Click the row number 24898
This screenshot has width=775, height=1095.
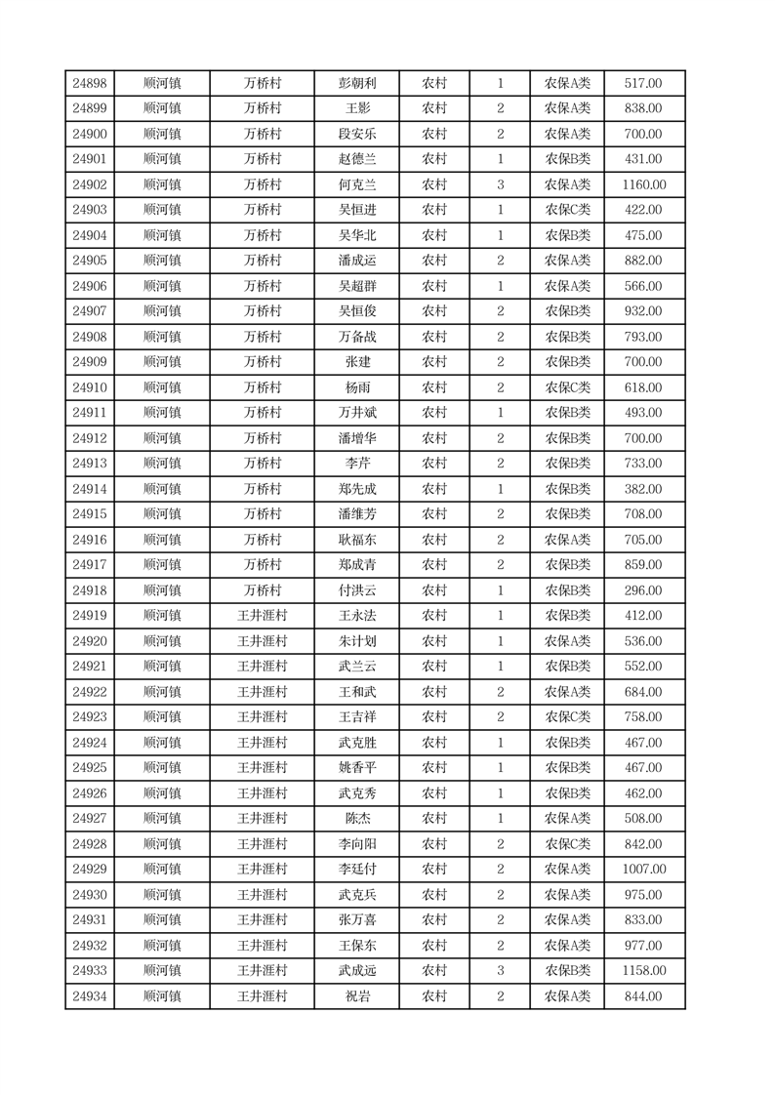(x=90, y=83)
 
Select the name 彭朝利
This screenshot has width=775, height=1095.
(x=355, y=83)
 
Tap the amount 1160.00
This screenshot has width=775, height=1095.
(x=643, y=184)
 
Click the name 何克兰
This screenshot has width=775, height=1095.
(x=355, y=184)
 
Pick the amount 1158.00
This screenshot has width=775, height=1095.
(x=643, y=971)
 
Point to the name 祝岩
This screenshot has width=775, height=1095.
(x=355, y=996)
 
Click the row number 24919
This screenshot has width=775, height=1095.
(x=90, y=616)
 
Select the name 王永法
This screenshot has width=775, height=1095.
(x=355, y=616)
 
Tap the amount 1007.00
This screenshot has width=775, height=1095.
(x=643, y=870)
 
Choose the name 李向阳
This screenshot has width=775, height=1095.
(x=355, y=844)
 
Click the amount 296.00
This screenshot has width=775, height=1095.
(x=643, y=590)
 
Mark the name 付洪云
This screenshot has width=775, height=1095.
(x=355, y=590)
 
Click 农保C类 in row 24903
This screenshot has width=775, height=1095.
(x=567, y=210)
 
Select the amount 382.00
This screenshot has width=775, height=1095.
(x=643, y=489)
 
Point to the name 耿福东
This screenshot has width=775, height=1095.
(x=355, y=540)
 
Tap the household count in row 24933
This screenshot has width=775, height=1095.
(x=500, y=971)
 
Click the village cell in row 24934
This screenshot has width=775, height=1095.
(x=263, y=996)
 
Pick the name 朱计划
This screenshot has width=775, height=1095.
(x=355, y=641)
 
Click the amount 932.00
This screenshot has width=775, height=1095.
(x=643, y=311)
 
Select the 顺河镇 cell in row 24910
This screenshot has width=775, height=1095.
(x=162, y=387)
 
